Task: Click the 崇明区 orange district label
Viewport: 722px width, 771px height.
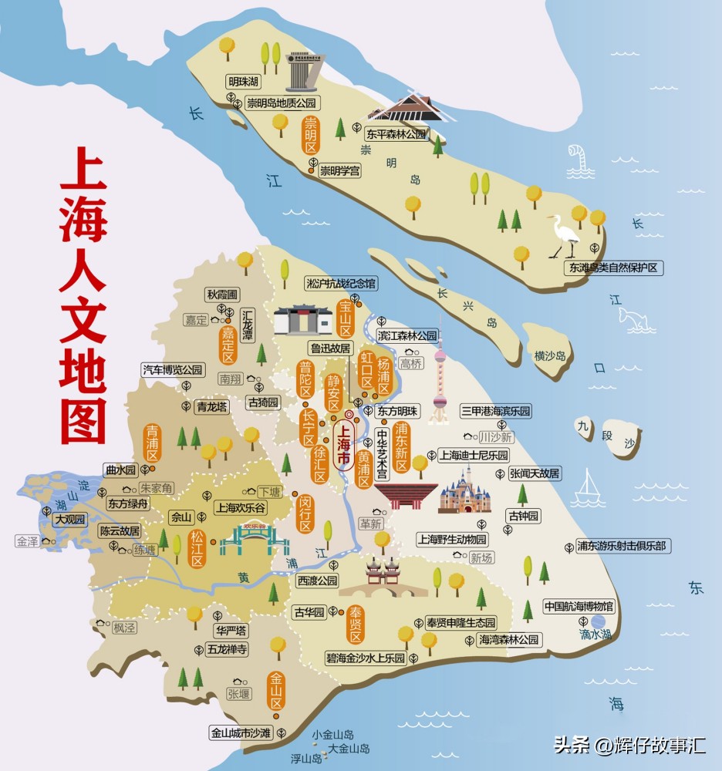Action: [311, 136]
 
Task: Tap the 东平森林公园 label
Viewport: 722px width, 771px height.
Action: [396, 133]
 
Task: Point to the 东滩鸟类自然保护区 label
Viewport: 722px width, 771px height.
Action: [615, 268]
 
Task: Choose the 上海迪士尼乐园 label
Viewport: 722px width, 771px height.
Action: [474, 455]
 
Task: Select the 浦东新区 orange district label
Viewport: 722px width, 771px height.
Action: [401, 447]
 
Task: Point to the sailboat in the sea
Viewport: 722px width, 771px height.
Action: [590, 486]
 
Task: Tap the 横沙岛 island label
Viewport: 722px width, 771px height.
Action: [550, 355]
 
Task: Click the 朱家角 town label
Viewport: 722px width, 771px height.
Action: [157, 488]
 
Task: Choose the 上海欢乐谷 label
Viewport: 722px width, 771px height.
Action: [241, 507]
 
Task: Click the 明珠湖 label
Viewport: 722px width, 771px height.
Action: [242, 82]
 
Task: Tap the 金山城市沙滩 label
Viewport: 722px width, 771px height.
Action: [241, 733]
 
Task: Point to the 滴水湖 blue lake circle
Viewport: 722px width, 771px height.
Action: [599, 621]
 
